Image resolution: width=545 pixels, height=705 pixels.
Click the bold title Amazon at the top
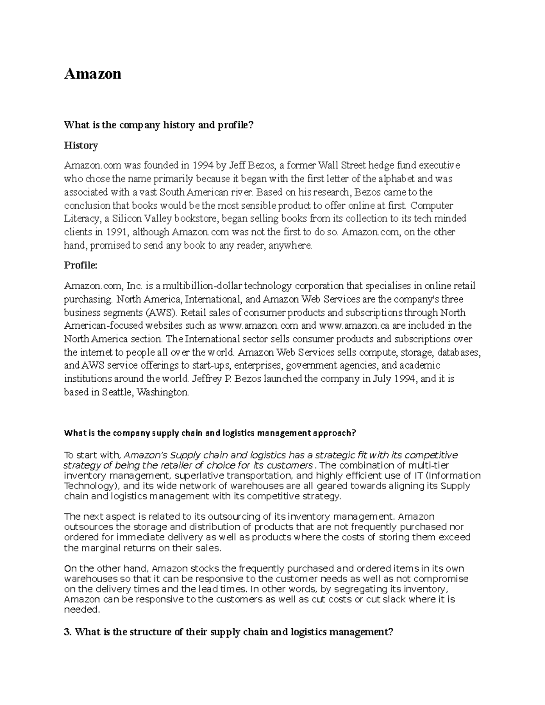click(93, 74)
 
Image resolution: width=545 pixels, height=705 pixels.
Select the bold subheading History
click(81, 145)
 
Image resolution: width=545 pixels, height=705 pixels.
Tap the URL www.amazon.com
click(259, 325)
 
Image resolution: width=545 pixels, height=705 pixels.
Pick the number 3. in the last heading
click(68, 632)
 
